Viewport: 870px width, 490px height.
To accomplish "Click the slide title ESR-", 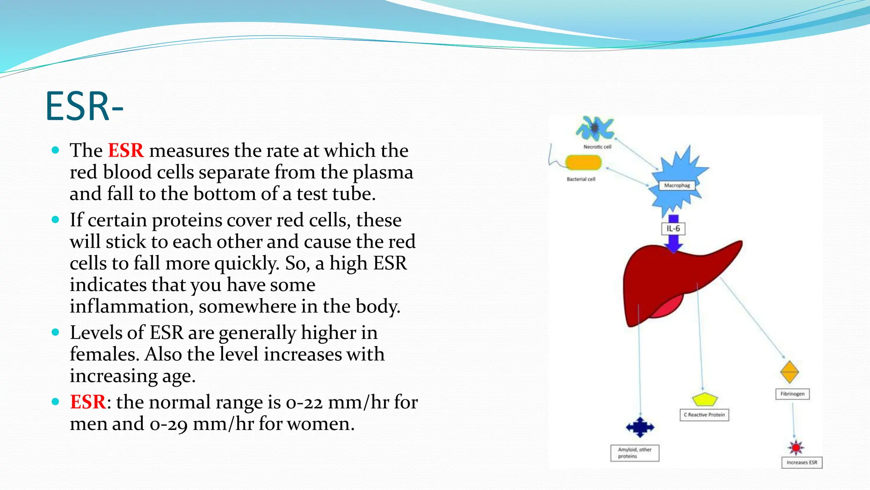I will coord(84,106).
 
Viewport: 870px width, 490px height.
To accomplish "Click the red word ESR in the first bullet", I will coord(126,151).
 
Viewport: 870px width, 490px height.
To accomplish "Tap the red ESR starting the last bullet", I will coord(88,402).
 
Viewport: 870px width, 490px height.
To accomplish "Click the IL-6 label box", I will coord(673,228).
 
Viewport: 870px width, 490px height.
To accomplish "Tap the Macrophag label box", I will coord(677,185).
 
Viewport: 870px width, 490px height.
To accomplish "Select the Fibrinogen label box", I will coord(792,394).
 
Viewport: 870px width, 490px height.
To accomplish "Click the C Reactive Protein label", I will coord(704,415).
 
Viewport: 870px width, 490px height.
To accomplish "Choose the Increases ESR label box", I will coord(802,462).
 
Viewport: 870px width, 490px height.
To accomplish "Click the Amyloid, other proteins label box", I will coord(635,453).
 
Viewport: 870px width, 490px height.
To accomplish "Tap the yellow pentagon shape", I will coord(705,399).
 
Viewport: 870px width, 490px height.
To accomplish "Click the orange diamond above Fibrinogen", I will coord(790,372).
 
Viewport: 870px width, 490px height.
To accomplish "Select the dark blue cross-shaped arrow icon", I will coord(640,427).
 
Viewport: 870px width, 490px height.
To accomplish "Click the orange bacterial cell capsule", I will coord(583,162).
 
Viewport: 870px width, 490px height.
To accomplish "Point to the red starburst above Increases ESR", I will coord(796,447).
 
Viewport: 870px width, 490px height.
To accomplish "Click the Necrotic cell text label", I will coord(597,147).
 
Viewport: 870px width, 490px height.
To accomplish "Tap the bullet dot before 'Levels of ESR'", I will coord(55,332).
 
